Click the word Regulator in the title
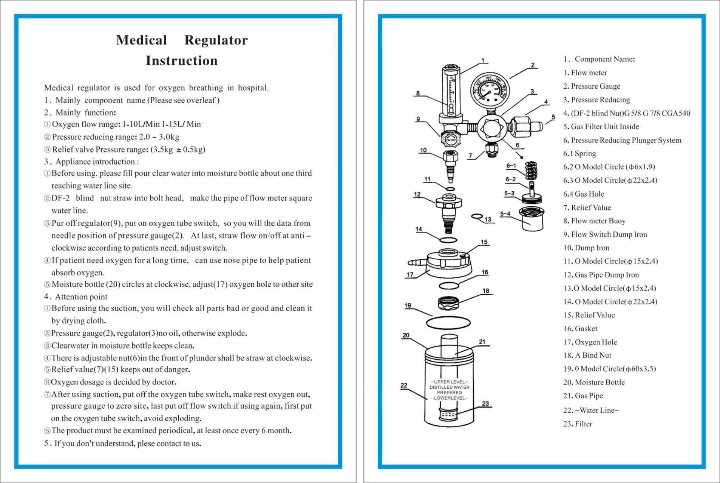coord(216,40)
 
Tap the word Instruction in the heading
coord(182,61)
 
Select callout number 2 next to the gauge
coord(533,65)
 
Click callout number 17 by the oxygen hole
coord(410,274)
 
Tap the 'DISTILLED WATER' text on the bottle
coord(449,387)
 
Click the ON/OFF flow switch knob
coord(450,139)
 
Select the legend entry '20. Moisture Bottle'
coord(594,382)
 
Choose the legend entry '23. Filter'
coord(578,424)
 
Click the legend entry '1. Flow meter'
coord(585,73)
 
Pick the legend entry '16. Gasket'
coord(580,329)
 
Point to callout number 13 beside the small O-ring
coord(488,219)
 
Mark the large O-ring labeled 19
coord(448,323)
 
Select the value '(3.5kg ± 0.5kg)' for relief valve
coord(178,149)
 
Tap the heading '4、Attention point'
coord(76,297)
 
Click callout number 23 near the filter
coord(485,403)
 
